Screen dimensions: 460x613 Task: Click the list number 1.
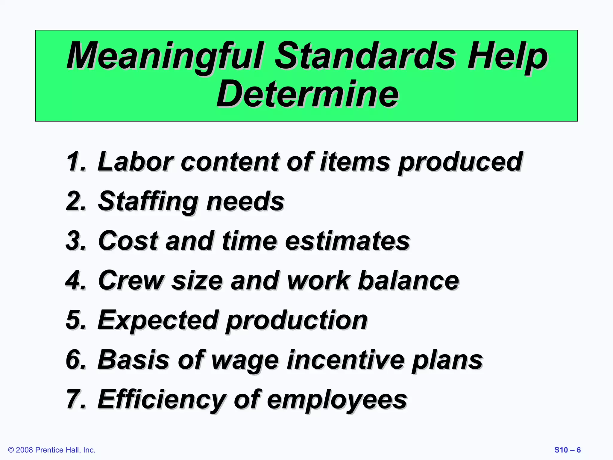click(x=75, y=162)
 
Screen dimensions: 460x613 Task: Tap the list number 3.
click(x=75, y=241)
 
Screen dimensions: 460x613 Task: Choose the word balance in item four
click(x=408, y=281)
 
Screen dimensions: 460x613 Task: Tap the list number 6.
click(x=75, y=359)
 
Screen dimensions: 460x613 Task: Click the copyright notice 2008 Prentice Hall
click(x=52, y=450)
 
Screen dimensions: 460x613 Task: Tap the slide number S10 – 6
click(x=568, y=450)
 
